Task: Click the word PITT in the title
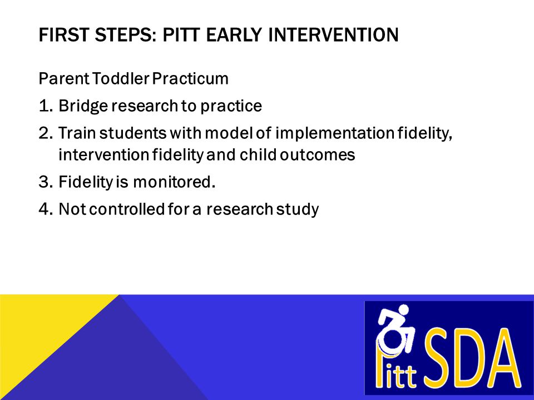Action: click(181, 34)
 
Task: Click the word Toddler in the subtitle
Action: click(121, 78)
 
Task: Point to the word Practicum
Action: click(190, 78)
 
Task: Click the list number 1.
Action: click(46, 106)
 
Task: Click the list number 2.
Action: click(46, 133)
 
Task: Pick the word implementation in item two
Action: click(335, 133)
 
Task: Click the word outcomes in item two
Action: click(318, 155)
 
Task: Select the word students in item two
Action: click(133, 133)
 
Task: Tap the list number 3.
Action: click(46, 182)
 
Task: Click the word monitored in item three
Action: click(174, 182)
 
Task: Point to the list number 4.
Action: click(46, 209)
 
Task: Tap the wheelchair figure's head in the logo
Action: click(403, 310)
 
